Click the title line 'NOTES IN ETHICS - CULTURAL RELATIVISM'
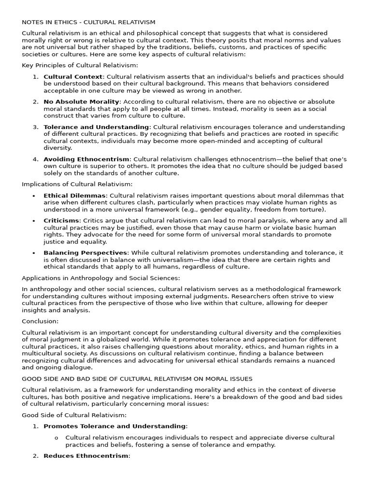pos(88,22)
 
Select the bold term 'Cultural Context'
pos(73,76)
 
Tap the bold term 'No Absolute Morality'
pos(81,102)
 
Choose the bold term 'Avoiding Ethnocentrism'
pos(86,159)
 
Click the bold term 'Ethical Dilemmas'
pos(74,195)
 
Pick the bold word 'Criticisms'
pos(61,220)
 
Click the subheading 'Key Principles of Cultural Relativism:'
pos(80,65)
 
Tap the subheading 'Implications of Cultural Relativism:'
pos(77,184)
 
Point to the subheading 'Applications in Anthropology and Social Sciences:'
pos(100,278)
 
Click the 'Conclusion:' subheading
pos(40,321)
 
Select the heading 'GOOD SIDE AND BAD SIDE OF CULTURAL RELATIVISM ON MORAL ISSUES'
pos(137,379)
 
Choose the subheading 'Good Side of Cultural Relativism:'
pos(74,415)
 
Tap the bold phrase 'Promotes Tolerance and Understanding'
pos(114,426)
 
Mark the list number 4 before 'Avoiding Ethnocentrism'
pos(35,159)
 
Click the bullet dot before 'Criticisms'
pos(34,221)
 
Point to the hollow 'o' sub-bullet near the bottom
pos(57,437)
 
